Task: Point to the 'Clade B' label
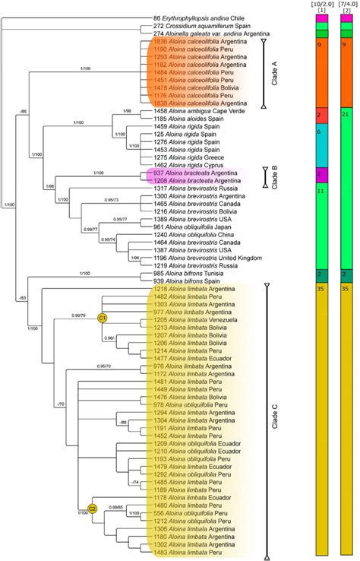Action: pyautogui.click(x=276, y=177)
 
